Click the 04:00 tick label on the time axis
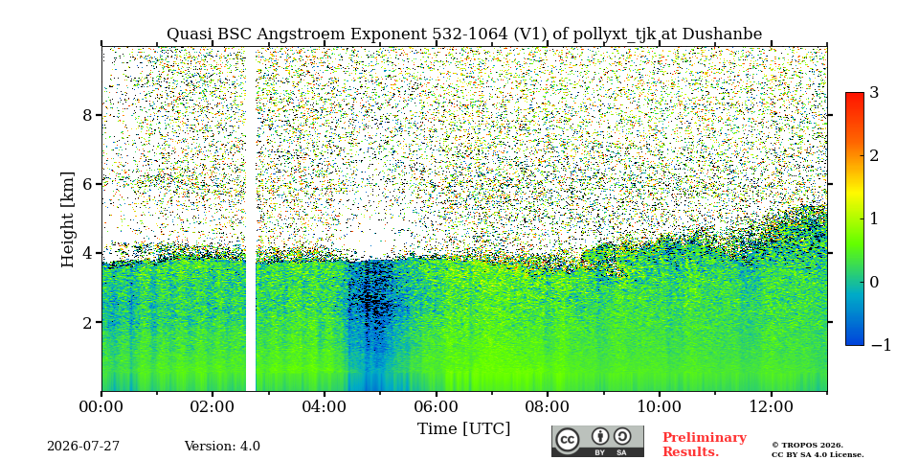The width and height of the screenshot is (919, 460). click(x=325, y=407)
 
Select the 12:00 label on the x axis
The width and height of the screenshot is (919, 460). click(x=771, y=407)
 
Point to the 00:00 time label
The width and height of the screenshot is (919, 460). click(x=101, y=407)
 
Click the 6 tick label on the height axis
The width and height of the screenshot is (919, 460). click(x=88, y=184)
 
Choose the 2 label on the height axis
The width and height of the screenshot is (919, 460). click(x=88, y=323)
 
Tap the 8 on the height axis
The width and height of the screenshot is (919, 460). click(x=88, y=115)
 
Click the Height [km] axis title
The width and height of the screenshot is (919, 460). click(x=68, y=219)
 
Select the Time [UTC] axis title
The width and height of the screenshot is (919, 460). click(x=463, y=429)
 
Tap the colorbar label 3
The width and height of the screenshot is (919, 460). click(x=875, y=93)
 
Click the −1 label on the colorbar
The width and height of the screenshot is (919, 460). click(x=881, y=345)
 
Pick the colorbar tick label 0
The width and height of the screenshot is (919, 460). click(x=875, y=282)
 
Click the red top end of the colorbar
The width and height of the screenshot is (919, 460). click(x=855, y=95)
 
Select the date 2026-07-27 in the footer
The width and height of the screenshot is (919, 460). click(x=83, y=447)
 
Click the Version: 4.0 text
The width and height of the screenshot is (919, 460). click(x=222, y=447)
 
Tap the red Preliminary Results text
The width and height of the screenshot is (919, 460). click(x=705, y=445)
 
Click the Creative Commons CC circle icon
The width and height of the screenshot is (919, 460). click(x=567, y=441)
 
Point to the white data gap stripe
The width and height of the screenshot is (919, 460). click(x=251, y=219)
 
